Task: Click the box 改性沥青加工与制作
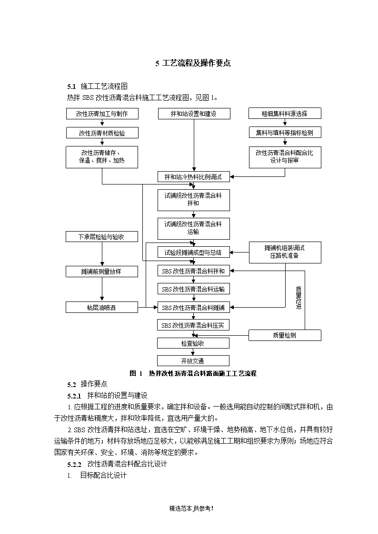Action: click(102, 114)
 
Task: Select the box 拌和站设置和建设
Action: click(194, 114)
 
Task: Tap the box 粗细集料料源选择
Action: click(285, 113)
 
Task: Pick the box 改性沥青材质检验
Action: click(102, 133)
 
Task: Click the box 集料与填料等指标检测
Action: click(285, 133)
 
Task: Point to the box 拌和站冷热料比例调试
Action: click(194, 177)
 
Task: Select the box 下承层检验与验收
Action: click(102, 237)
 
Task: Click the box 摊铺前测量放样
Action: click(102, 272)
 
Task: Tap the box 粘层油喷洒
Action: click(102, 308)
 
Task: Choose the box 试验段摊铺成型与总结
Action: click(194, 252)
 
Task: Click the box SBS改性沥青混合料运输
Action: click(194, 289)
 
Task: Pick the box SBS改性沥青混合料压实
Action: click(193, 325)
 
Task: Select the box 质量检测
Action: click(285, 335)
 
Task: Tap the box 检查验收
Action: click(193, 343)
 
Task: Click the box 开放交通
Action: click(193, 360)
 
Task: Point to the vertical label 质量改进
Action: click(299, 298)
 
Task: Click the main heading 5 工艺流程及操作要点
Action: click(193, 63)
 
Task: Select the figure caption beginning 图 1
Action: click(193, 373)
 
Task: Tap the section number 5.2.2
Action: click(74, 465)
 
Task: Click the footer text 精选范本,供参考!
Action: click(191, 508)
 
